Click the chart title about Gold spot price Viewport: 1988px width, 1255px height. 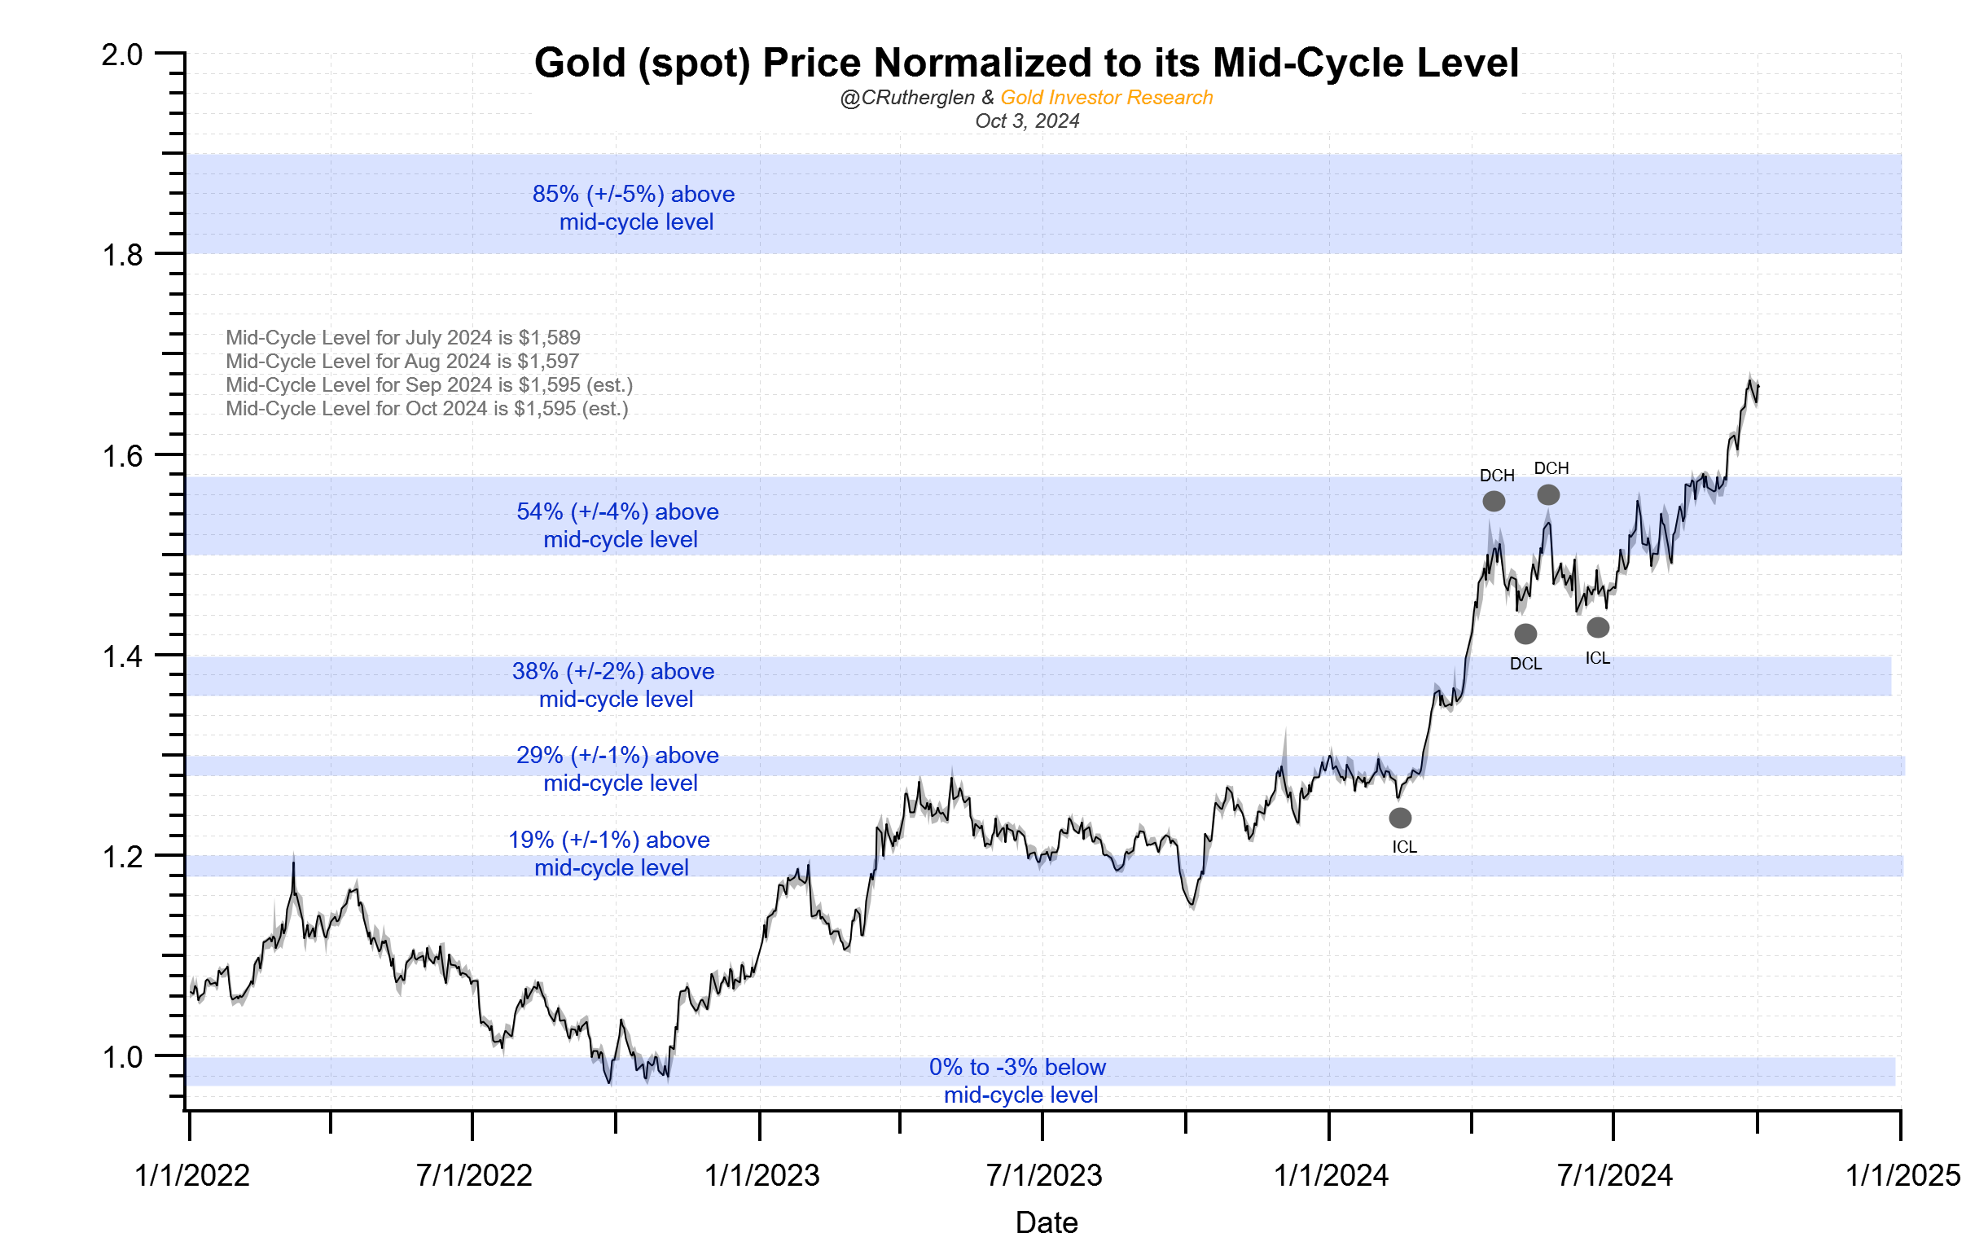1025,63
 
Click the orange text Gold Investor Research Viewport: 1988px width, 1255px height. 1106,98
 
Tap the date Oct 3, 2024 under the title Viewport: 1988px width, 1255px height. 1027,121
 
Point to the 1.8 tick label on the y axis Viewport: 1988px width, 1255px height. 121,255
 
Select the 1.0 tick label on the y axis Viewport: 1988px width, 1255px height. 121,1057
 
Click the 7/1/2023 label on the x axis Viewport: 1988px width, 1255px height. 1043,1175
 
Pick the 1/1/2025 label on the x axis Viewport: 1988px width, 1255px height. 1902,1175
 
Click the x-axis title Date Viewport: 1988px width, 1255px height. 1046,1222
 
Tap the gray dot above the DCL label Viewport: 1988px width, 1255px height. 1525,634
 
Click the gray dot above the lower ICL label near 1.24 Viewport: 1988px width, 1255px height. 1399,818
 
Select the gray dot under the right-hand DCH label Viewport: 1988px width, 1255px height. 1548,494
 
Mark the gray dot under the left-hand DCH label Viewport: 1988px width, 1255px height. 1494,501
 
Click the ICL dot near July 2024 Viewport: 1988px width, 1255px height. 1598,627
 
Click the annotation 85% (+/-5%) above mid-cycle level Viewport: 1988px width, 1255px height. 634,208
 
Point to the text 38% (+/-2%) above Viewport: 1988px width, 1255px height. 612,671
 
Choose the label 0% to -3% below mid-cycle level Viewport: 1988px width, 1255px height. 1018,1080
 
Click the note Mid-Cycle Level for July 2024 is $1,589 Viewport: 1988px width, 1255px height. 403,338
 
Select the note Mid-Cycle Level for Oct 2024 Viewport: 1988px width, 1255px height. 427,409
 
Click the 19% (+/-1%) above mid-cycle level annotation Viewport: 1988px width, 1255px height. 610,853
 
